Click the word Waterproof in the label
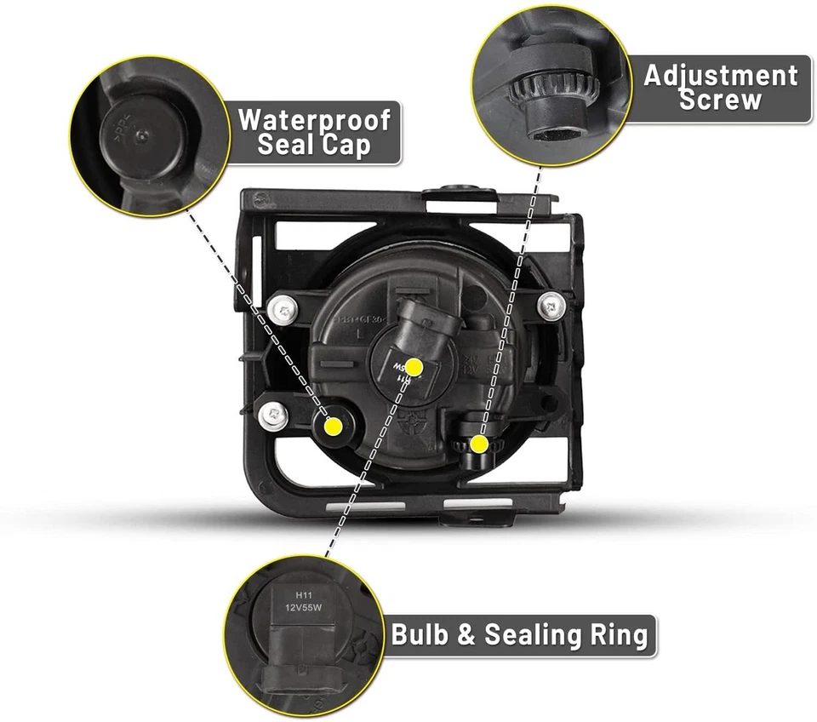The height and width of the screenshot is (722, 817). [314, 119]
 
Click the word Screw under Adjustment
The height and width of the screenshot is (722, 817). [721, 100]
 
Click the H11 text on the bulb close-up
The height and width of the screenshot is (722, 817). [303, 596]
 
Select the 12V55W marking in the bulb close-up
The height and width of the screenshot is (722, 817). [303, 610]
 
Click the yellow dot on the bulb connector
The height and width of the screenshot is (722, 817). [414, 367]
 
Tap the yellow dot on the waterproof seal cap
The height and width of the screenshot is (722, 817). [334, 424]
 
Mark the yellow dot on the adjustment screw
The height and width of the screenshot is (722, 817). [480, 444]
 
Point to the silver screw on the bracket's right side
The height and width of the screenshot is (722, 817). [551, 302]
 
